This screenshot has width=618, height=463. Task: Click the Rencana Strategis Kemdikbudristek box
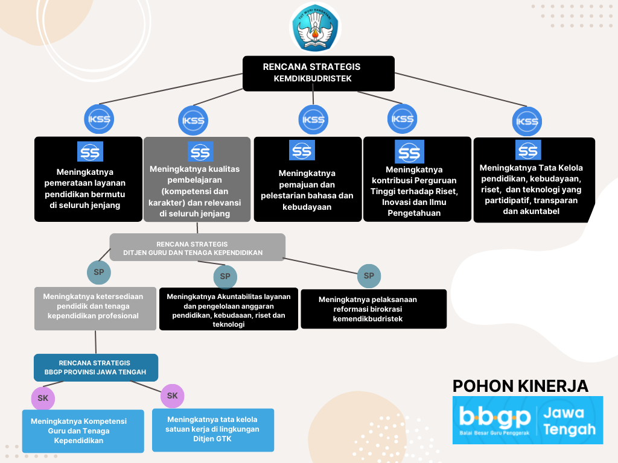point(318,73)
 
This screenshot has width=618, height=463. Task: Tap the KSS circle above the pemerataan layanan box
point(99,119)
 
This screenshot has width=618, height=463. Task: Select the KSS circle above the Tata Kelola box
point(527,121)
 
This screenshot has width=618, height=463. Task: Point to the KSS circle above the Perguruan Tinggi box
point(402,119)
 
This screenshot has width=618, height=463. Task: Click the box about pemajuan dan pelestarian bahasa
point(307,180)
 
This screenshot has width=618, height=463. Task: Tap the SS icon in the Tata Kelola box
point(528,150)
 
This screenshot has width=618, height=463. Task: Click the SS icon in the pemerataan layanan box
point(91,152)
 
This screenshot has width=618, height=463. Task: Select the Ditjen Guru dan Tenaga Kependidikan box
point(197,248)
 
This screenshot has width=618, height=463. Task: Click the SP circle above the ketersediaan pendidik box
point(99,272)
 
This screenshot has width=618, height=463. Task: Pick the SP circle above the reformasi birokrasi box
point(369,276)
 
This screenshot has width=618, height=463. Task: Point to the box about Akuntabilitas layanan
point(229,309)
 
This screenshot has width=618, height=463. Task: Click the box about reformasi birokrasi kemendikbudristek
point(374,309)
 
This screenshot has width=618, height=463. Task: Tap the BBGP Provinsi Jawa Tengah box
point(95,368)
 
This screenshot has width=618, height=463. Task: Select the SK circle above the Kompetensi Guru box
point(43,398)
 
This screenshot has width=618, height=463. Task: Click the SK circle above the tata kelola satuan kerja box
point(172,395)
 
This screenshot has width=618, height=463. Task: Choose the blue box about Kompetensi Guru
point(83,431)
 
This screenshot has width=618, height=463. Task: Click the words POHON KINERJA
point(520,386)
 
